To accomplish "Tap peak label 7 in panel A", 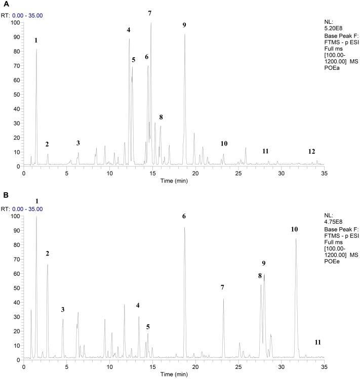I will point(150,13).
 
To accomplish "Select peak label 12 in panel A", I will point(312,152).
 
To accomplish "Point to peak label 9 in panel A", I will point(184,25).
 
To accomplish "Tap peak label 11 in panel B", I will point(317,343).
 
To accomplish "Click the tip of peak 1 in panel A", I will point(36,49).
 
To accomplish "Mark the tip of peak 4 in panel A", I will point(129,39).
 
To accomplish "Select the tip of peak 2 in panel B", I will point(48,265).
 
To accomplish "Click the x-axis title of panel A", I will point(173,181).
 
